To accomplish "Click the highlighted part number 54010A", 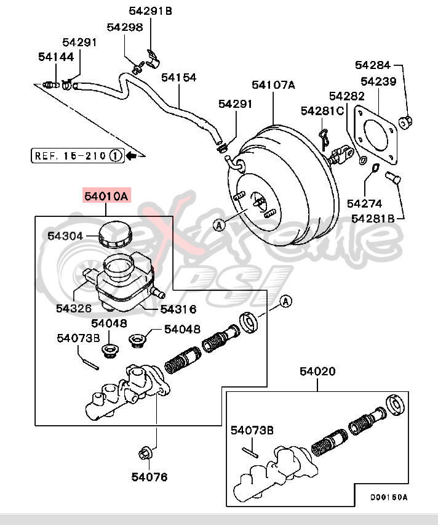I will click(x=106, y=197).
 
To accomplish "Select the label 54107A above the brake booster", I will click(x=273, y=85).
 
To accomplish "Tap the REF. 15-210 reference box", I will click(x=77, y=155).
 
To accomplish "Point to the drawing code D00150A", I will click(x=389, y=497).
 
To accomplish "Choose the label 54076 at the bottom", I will click(x=149, y=476).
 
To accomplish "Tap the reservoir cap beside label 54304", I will click(x=114, y=234).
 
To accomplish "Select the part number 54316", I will click(x=178, y=309).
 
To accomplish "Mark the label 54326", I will click(x=73, y=309).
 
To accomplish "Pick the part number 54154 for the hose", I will click(x=178, y=78).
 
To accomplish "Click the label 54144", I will click(x=55, y=57).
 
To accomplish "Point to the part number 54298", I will click(x=124, y=27).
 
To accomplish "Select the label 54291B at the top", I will click(x=151, y=10).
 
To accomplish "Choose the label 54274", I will click(x=364, y=203).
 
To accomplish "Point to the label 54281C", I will click(x=322, y=110).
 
